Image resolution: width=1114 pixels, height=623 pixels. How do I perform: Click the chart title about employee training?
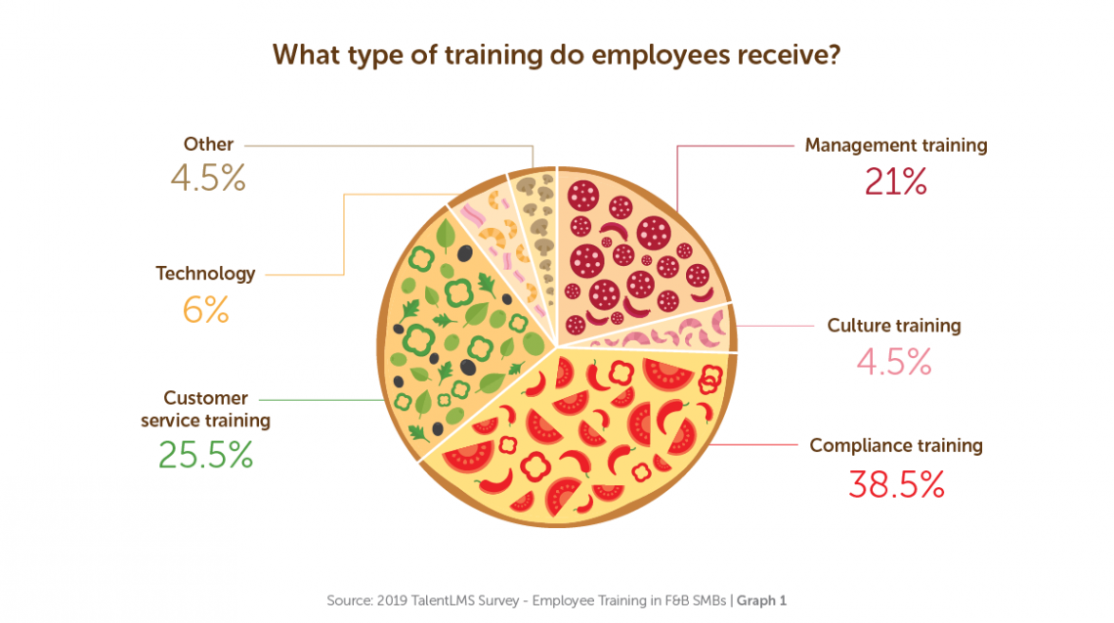click(x=556, y=56)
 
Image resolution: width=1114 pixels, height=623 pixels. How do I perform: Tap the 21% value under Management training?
click(x=895, y=183)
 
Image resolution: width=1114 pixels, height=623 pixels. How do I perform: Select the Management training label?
click(x=895, y=145)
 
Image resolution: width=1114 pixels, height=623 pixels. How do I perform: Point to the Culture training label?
click(x=893, y=326)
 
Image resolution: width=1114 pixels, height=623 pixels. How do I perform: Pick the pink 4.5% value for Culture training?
click(x=894, y=363)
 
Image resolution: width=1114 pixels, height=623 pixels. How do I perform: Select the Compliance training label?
click(x=895, y=446)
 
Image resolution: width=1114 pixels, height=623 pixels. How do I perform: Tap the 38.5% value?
click(x=895, y=484)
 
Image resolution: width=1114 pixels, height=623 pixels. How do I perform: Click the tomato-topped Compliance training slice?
click(x=586, y=430)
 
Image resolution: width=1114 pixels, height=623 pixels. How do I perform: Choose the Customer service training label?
click(x=205, y=410)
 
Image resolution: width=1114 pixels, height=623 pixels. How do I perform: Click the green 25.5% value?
click(x=205, y=454)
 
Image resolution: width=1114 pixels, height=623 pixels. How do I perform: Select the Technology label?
click(x=205, y=274)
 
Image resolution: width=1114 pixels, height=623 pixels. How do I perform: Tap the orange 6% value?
click(x=205, y=311)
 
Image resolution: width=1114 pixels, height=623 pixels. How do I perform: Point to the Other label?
click(x=208, y=145)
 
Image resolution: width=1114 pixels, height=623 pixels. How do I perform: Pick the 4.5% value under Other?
click(x=207, y=180)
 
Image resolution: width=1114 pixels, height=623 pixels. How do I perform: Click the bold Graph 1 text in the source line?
click(x=761, y=601)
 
